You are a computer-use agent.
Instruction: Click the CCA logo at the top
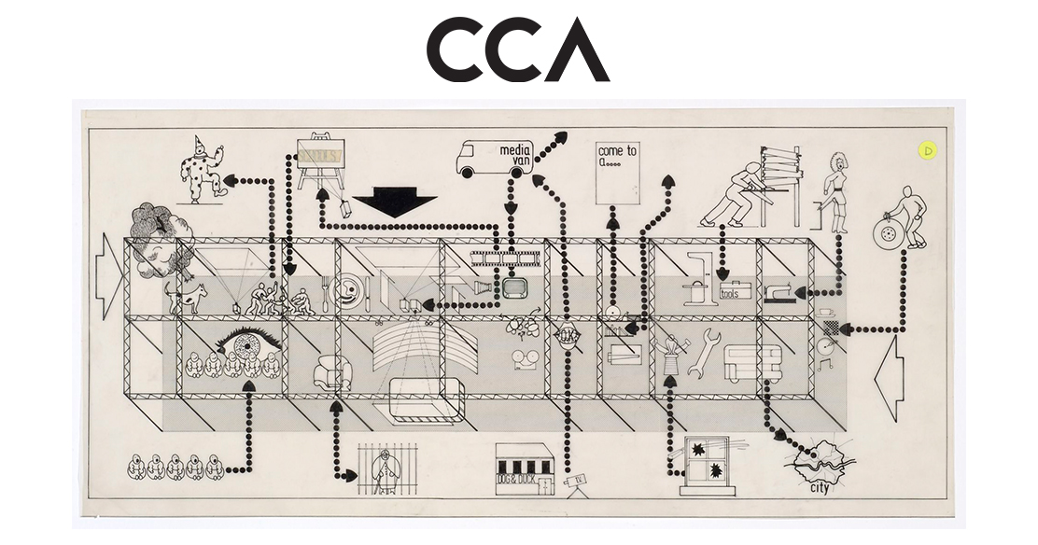click(518, 49)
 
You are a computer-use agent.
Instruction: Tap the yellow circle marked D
click(928, 149)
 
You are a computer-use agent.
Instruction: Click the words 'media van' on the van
click(515, 156)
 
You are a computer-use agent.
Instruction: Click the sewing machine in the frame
click(782, 291)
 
